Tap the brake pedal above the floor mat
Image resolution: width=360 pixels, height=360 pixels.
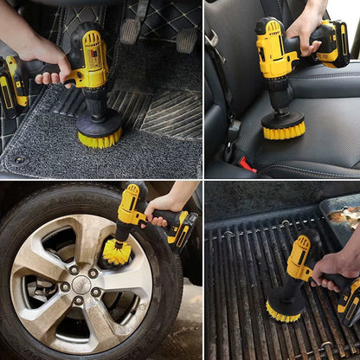point(131,31)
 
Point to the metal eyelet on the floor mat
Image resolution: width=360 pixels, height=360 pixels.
point(18,160)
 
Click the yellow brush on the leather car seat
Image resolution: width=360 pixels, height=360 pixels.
point(283,131)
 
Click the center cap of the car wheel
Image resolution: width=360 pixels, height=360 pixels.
point(79,282)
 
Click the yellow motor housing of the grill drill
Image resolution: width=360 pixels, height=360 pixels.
point(299,255)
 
